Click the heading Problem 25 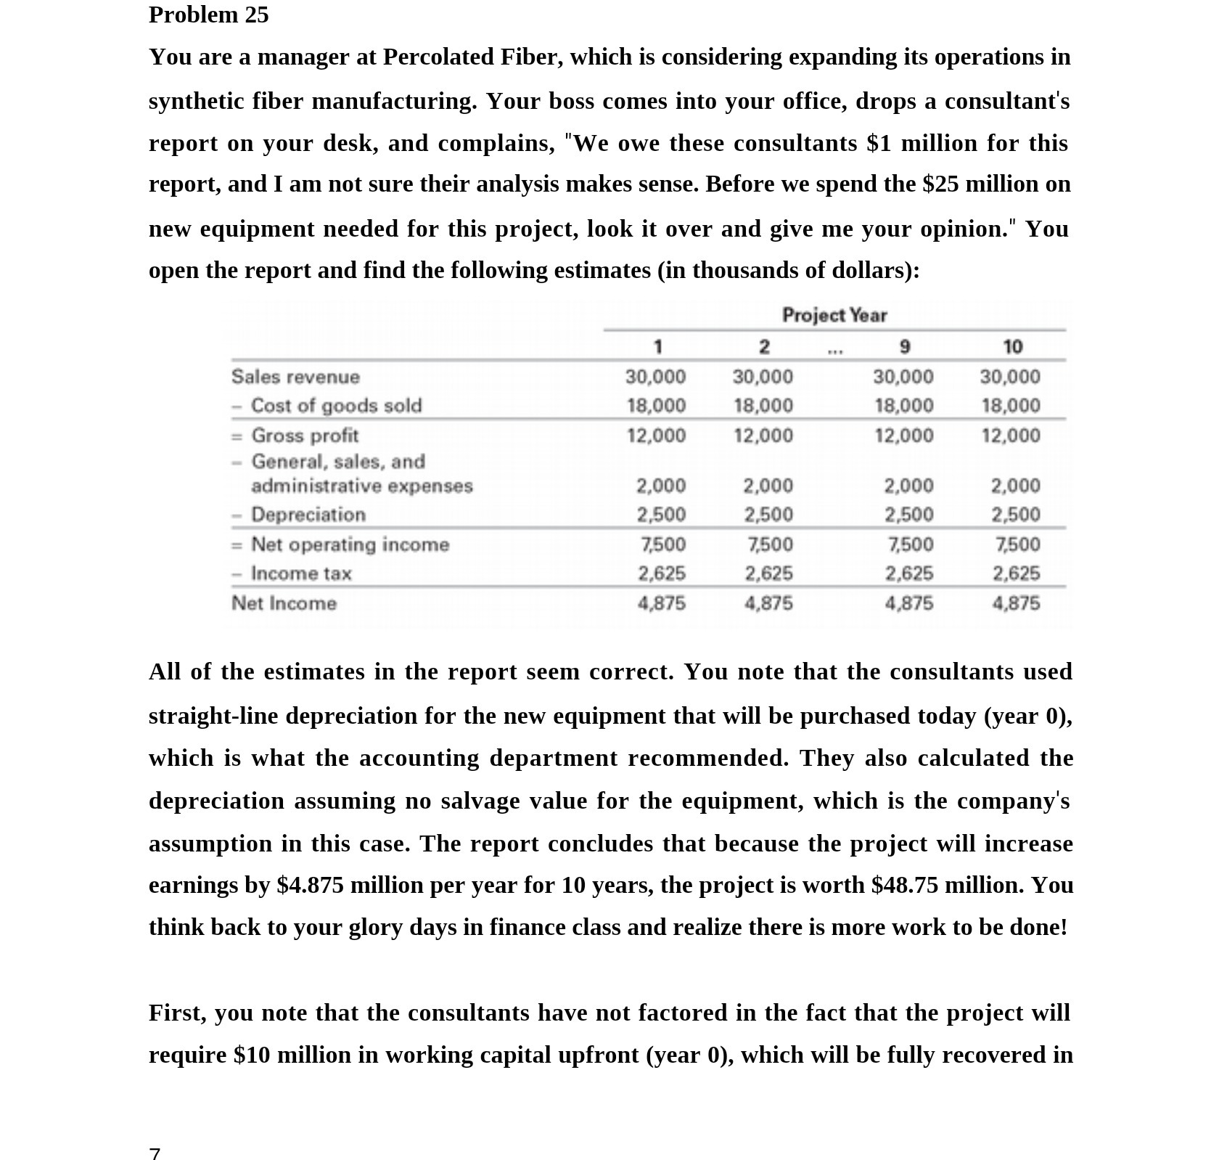(x=208, y=15)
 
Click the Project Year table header (x=834, y=315)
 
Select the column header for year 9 (x=904, y=347)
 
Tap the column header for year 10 (x=1012, y=347)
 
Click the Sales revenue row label (x=295, y=377)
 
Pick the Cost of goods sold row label (x=336, y=405)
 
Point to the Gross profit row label (x=305, y=436)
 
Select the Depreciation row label (x=308, y=515)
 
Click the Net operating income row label (x=350, y=544)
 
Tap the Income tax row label (x=301, y=573)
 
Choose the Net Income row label (x=284, y=603)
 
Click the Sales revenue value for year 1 (x=655, y=377)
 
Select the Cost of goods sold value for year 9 (x=903, y=405)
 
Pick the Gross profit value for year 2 (x=763, y=436)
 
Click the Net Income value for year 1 (x=661, y=603)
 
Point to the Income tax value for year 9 (x=909, y=573)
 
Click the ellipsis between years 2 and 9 (x=835, y=351)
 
